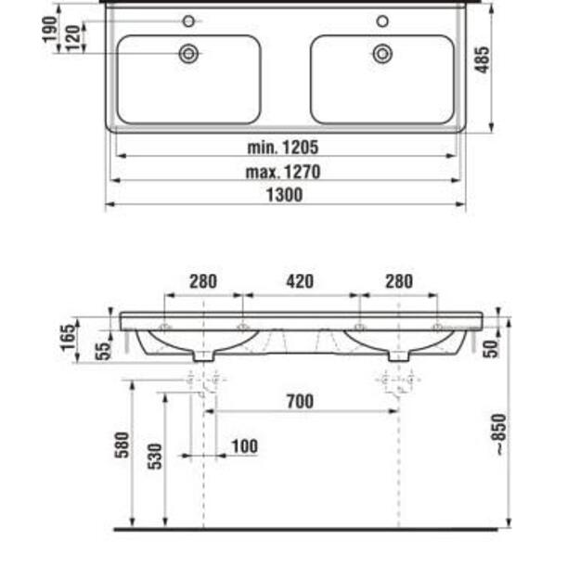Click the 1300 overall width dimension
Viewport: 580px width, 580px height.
pos(285,195)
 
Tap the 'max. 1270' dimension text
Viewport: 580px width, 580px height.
pos(283,172)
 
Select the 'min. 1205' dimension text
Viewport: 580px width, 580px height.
pos(283,148)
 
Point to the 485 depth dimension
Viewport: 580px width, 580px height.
pos(483,60)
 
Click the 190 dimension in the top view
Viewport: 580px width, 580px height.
pos(50,29)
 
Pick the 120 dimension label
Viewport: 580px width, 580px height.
pos(73,38)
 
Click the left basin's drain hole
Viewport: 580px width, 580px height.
pos(188,54)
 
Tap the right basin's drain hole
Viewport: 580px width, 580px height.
pos(382,54)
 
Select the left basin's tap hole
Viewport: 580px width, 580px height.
pos(188,21)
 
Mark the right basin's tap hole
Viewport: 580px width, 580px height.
pos(382,21)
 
